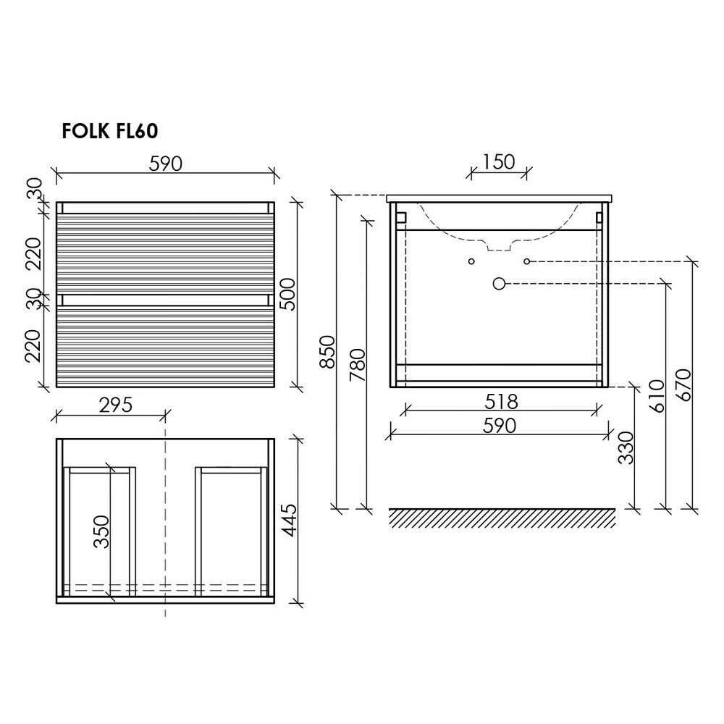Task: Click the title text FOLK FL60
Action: tap(110, 131)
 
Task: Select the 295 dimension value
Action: tap(115, 405)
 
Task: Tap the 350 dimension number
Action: tap(101, 531)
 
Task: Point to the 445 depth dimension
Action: tap(290, 520)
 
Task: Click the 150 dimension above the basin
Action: tap(499, 162)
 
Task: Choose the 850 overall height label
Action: tap(327, 352)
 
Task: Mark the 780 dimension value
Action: tap(358, 365)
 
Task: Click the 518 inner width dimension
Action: tap(502, 402)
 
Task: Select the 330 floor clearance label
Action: tap(626, 447)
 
